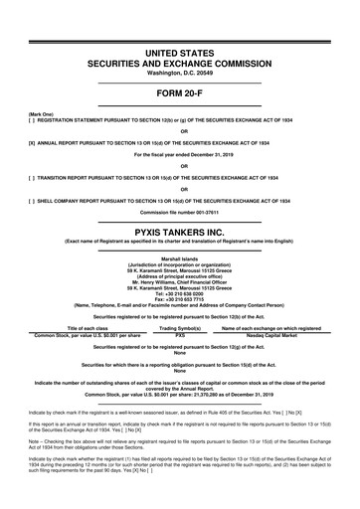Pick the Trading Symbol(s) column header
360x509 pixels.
coord(180,329)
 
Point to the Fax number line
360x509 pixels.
coord(180,300)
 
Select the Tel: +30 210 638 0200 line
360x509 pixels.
coord(180,293)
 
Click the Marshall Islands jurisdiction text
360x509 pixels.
coord(180,258)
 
